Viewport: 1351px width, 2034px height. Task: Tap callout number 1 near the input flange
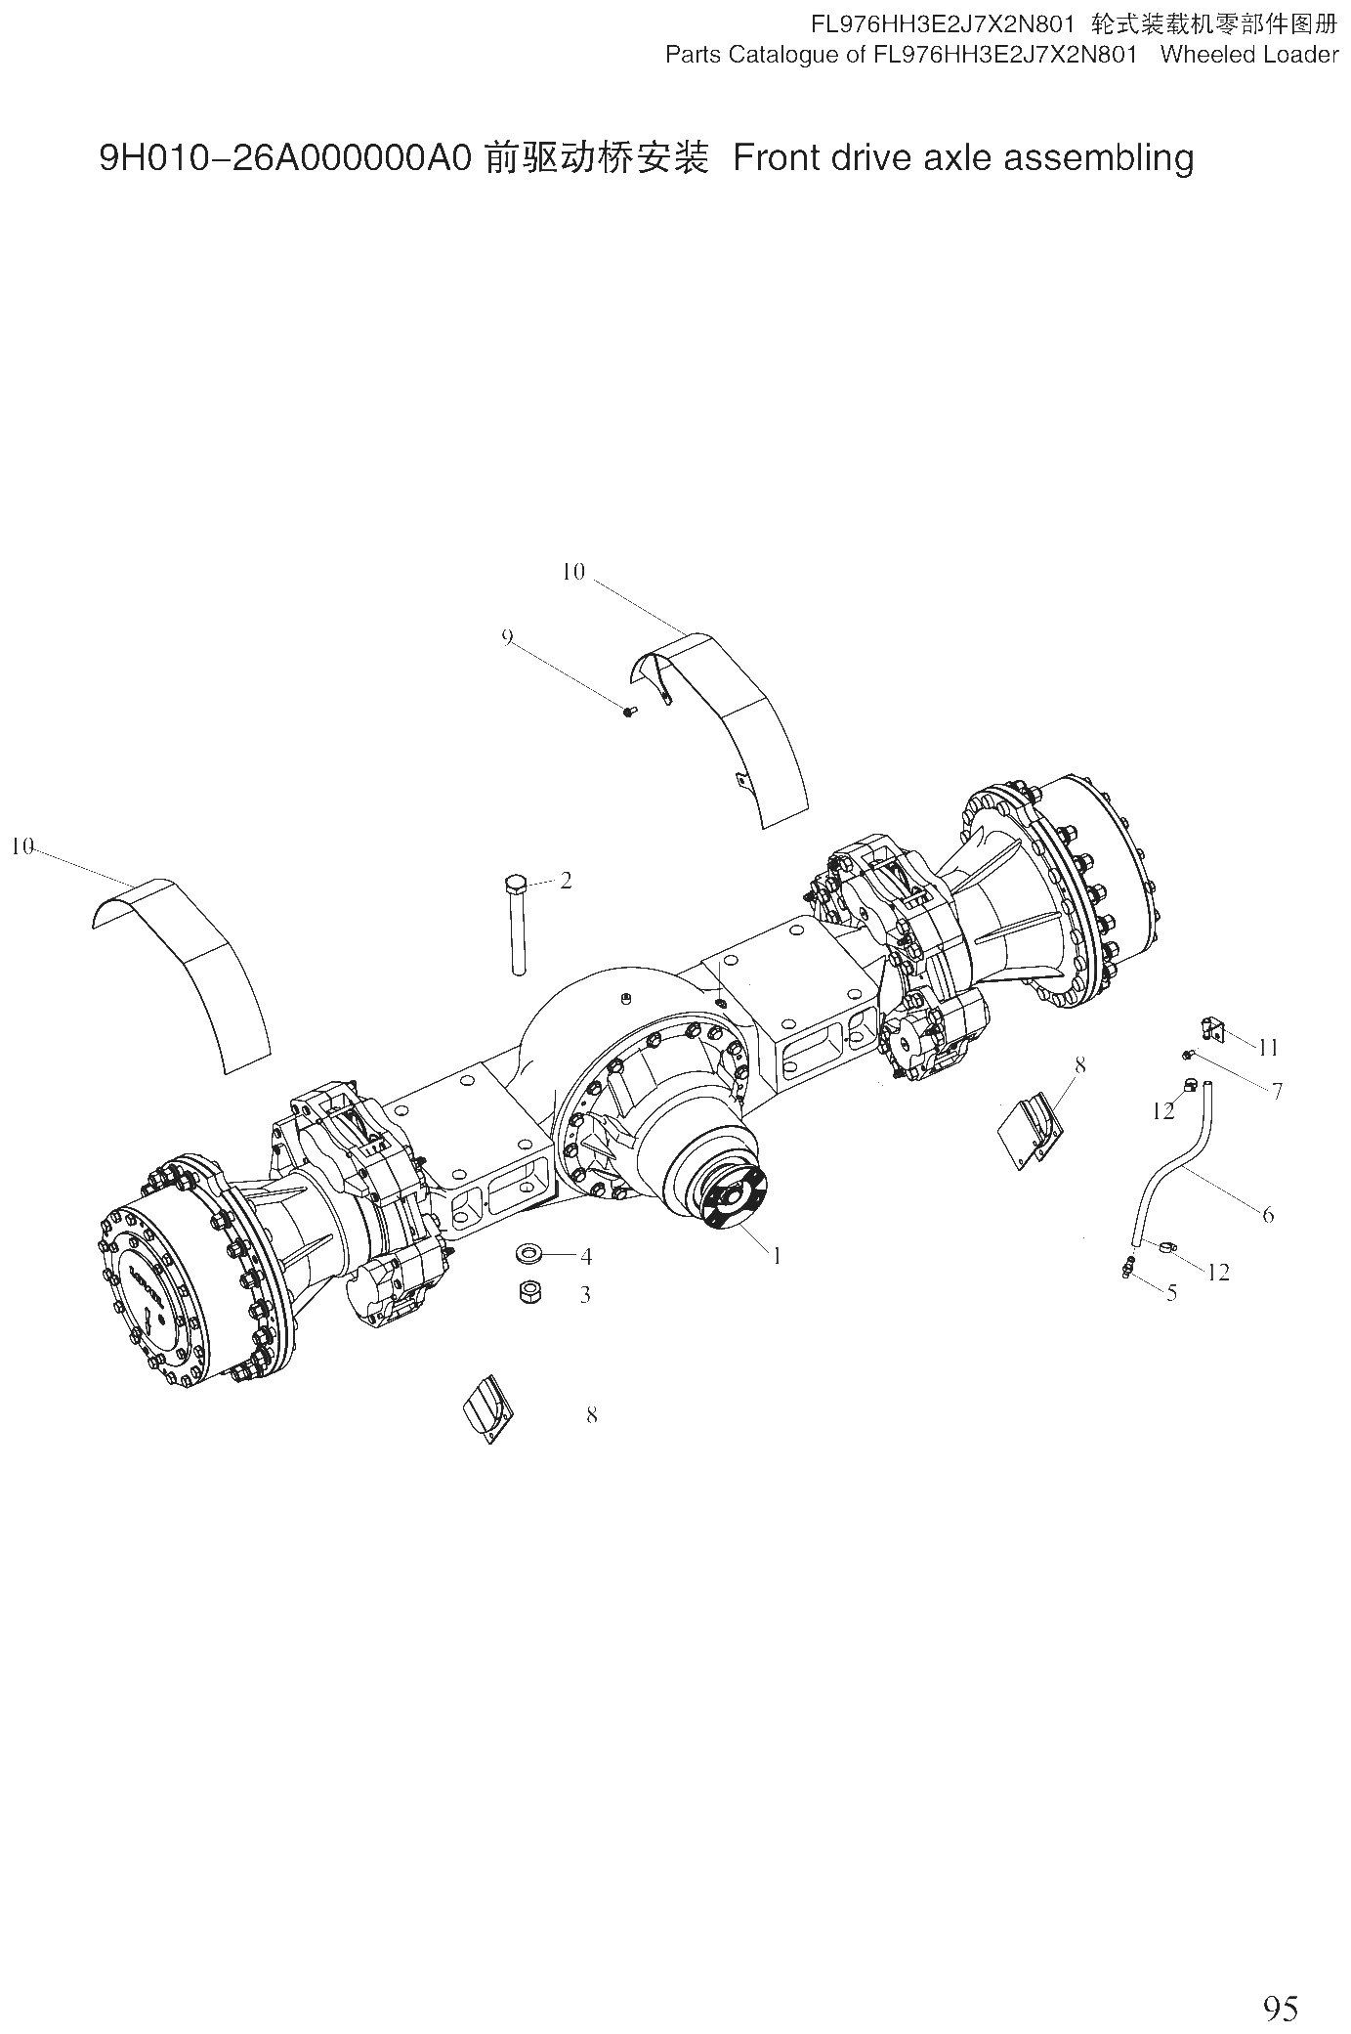777,1256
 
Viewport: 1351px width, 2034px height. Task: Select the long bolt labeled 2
517,924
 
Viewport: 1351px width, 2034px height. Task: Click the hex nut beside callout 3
531,1292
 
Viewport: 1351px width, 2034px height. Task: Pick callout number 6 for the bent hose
1268,1215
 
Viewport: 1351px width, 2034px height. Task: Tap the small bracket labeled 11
1211,1028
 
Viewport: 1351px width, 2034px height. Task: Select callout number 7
1277,1091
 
